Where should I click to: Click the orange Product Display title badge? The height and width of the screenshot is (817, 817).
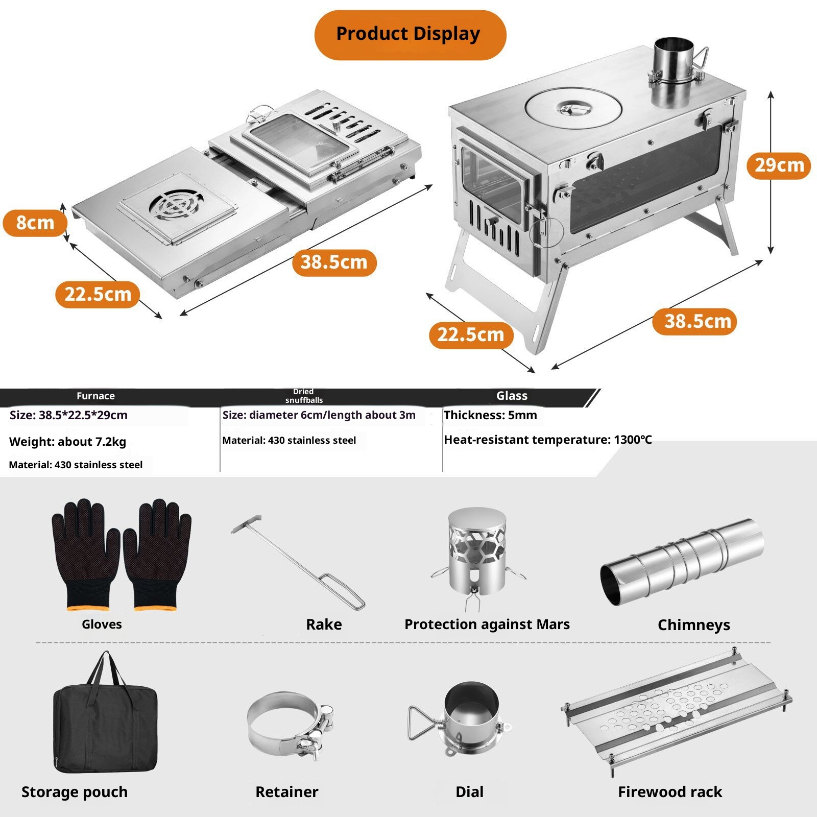[x=410, y=35]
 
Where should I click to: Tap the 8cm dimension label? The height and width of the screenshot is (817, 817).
[x=35, y=223]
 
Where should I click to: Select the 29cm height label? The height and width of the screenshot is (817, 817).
[x=779, y=165]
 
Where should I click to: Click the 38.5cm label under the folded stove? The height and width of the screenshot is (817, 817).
[x=334, y=262]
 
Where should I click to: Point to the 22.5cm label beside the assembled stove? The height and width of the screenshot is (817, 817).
[x=471, y=335]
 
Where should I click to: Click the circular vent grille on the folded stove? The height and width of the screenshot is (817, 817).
[x=176, y=205]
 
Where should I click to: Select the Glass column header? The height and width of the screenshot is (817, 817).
[x=512, y=396]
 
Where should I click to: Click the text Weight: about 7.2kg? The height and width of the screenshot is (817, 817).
[x=67, y=442]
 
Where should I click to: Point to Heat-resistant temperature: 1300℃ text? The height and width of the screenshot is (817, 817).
[x=547, y=440]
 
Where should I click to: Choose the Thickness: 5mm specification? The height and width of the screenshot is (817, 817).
[x=490, y=415]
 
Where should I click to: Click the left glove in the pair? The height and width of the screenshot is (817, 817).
[x=84, y=554]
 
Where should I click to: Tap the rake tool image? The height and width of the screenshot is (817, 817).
[x=299, y=562]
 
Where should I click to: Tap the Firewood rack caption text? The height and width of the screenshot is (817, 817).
[x=669, y=792]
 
